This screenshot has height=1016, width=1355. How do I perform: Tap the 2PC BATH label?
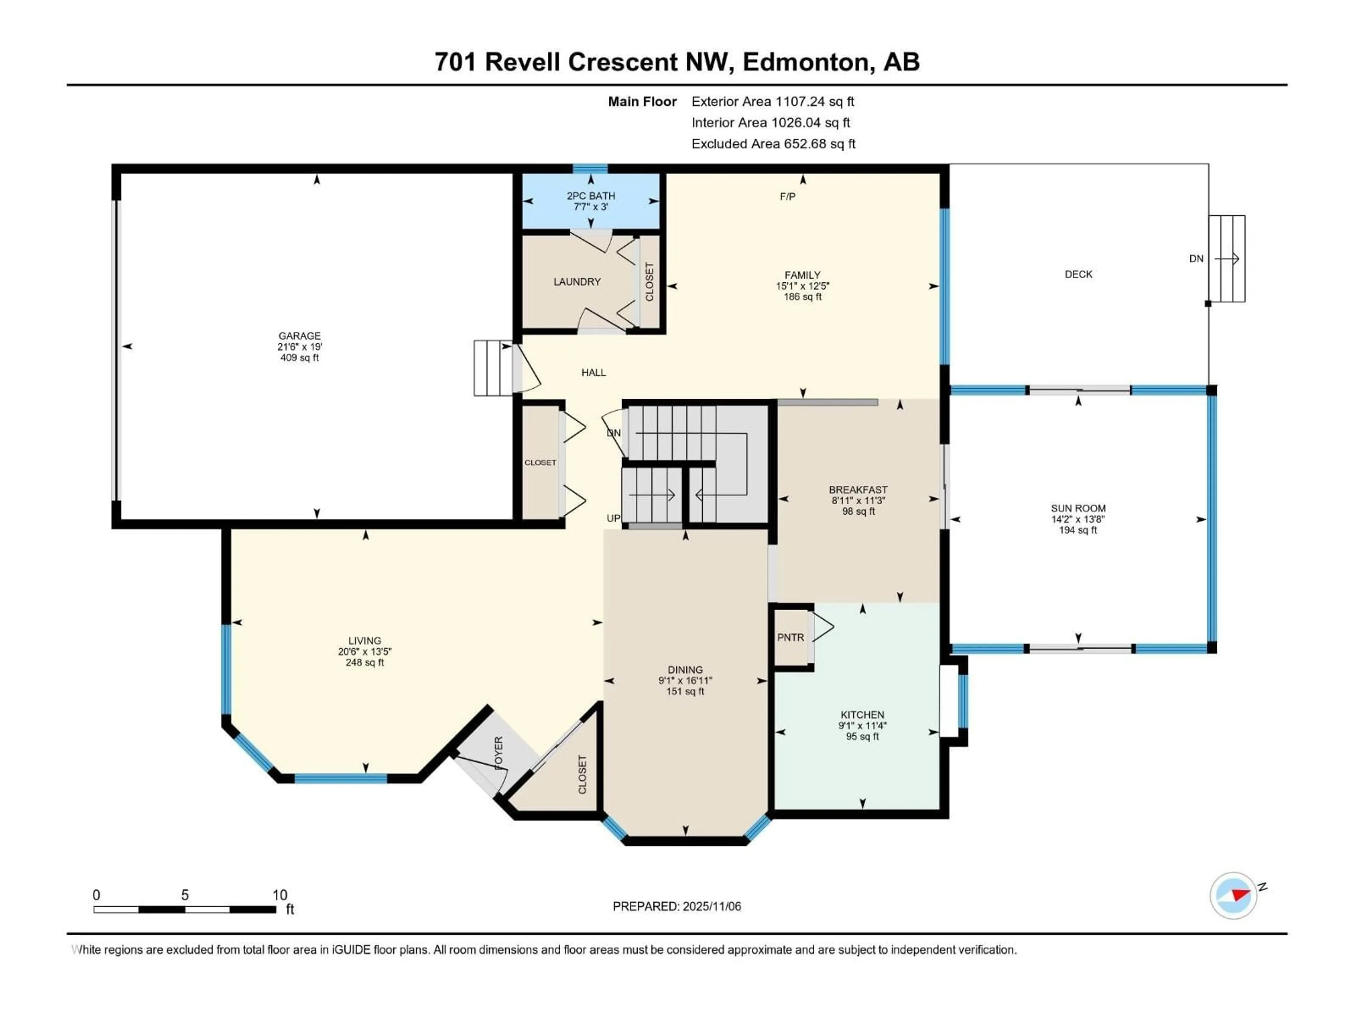[590, 196]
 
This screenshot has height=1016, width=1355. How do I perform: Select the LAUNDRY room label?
[577, 282]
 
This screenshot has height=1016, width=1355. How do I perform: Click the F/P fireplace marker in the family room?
[787, 196]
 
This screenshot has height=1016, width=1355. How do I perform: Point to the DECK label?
[1078, 274]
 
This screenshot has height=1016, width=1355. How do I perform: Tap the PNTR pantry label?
[790, 637]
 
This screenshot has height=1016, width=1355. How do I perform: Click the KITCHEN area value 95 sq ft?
[862, 737]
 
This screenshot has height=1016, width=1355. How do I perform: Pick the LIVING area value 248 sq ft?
[365, 663]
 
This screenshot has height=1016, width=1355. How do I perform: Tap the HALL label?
[593, 372]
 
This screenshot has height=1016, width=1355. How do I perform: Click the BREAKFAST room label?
[857, 490]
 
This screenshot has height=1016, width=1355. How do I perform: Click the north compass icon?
[1233, 895]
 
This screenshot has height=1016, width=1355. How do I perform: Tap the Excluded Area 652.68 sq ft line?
[773, 144]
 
